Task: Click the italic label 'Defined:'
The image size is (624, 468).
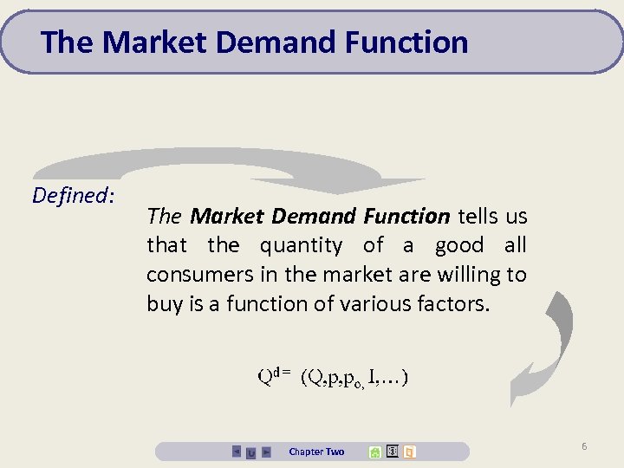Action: coord(73,196)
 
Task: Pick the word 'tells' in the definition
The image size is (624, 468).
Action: coord(481,216)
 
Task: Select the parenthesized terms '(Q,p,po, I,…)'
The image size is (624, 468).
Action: coord(355,377)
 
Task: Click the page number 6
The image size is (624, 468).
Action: coord(584,446)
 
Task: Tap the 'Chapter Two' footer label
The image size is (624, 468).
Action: coord(316,452)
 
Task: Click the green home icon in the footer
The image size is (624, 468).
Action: coord(374,452)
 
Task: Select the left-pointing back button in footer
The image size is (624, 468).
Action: coord(237,452)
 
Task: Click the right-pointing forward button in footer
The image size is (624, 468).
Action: coord(266,452)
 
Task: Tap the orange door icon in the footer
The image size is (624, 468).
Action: coord(409,452)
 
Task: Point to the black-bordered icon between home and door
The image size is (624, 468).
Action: coord(392,452)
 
